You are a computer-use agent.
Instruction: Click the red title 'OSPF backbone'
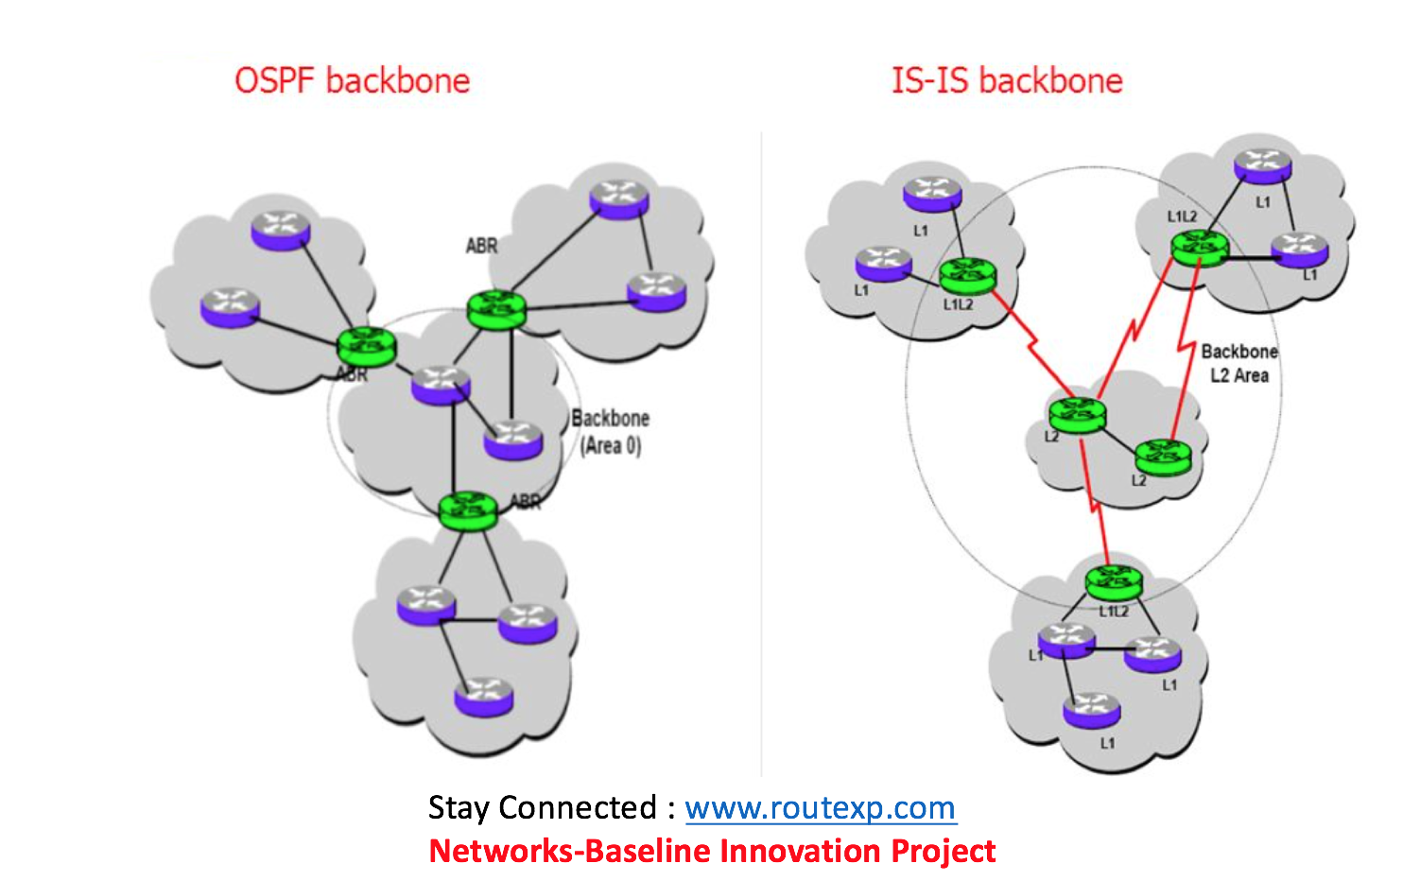click(x=352, y=80)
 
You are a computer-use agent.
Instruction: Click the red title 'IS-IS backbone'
click(x=1007, y=80)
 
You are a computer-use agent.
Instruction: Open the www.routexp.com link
click(x=820, y=808)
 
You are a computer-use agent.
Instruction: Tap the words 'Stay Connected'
click(x=542, y=808)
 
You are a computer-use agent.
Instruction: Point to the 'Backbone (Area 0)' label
click(x=610, y=432)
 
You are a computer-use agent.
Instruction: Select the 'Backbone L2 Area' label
click(x=1239, y=363)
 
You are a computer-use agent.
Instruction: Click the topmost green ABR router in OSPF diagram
click(x=496, y=309)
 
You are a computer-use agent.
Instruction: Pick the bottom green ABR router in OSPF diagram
click(x=468, y=510)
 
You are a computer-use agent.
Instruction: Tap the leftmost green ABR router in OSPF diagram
click(x=367, y=346)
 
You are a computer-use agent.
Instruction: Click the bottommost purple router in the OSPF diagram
click(x=484, y=697)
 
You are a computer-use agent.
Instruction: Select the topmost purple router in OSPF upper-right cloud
click(x=619, y=199)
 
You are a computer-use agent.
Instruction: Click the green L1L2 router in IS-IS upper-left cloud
click(x=968, y=275)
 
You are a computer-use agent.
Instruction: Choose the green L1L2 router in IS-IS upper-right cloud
click(x=1199, y=248)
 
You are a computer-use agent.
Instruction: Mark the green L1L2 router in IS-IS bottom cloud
click(x=1114, y=582)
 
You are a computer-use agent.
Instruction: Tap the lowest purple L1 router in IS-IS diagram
click(x=1092, y=710)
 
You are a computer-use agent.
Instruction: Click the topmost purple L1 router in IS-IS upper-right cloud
click(x=1262, y=167)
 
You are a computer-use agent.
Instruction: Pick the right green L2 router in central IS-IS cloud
click(x=1163, y=457)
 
